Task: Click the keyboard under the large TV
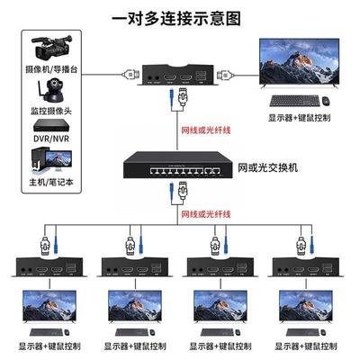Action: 292,101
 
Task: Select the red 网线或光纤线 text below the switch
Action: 207,214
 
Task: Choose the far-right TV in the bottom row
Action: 310,311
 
